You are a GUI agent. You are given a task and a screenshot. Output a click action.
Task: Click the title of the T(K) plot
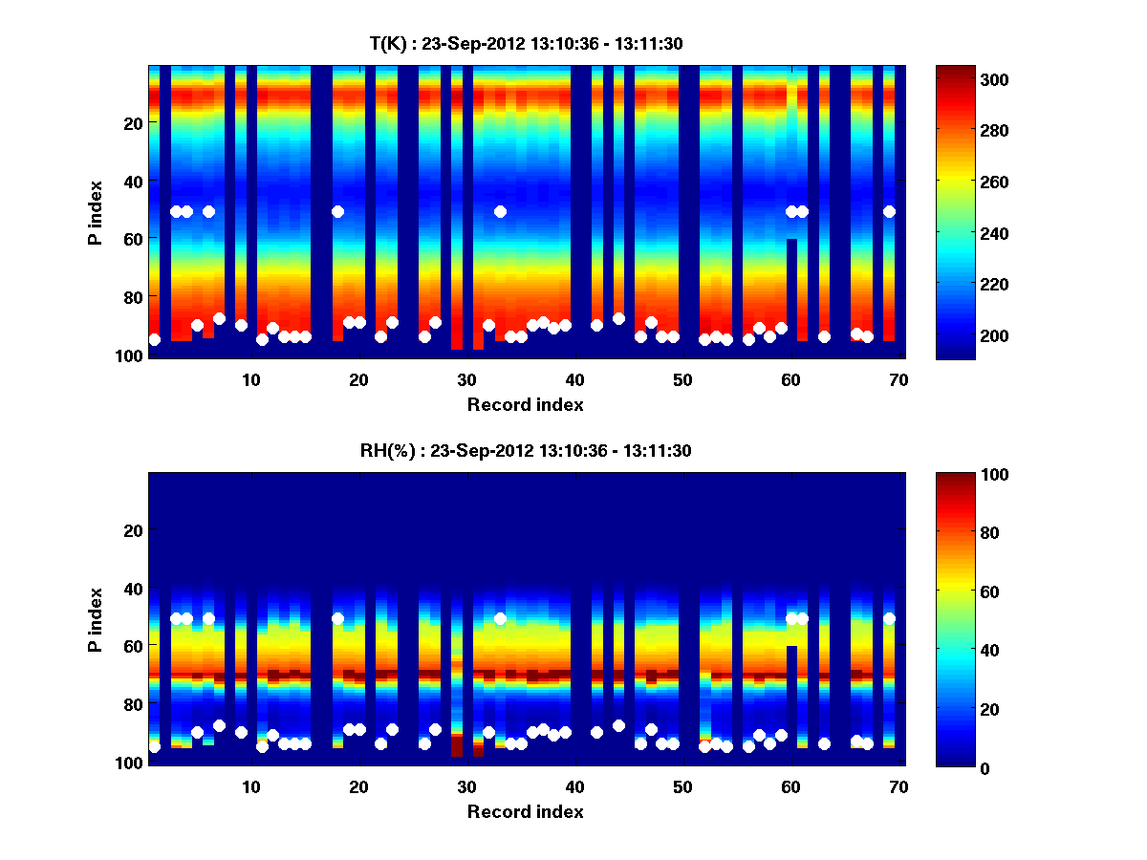pyautogui.click(x=526, y=43)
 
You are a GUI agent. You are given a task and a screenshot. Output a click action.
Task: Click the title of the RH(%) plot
pyautogui.click(x=526, y=450)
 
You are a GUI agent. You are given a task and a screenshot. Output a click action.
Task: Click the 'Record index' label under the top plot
pyautogui.click(x=526, y=405)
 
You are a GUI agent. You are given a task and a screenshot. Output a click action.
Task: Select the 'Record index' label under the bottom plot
pyautogui.click(x=526, y=812)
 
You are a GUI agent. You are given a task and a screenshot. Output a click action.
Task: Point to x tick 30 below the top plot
pyautogui.click(x=466, y=378)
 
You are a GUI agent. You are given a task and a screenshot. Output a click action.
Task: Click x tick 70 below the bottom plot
pyautogui.click(x=898, y=786)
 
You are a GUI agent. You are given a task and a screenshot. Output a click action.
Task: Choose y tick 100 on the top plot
pyautogui.click(x=131, y=355)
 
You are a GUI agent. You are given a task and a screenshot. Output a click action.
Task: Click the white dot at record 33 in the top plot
pyautogui.click(x=500, y=211)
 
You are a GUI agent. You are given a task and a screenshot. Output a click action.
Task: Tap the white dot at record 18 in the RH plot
pyautogui.click(x=337, y=618)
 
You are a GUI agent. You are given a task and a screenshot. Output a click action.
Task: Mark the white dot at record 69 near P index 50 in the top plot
pyautogui.click(x=889, y=211)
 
